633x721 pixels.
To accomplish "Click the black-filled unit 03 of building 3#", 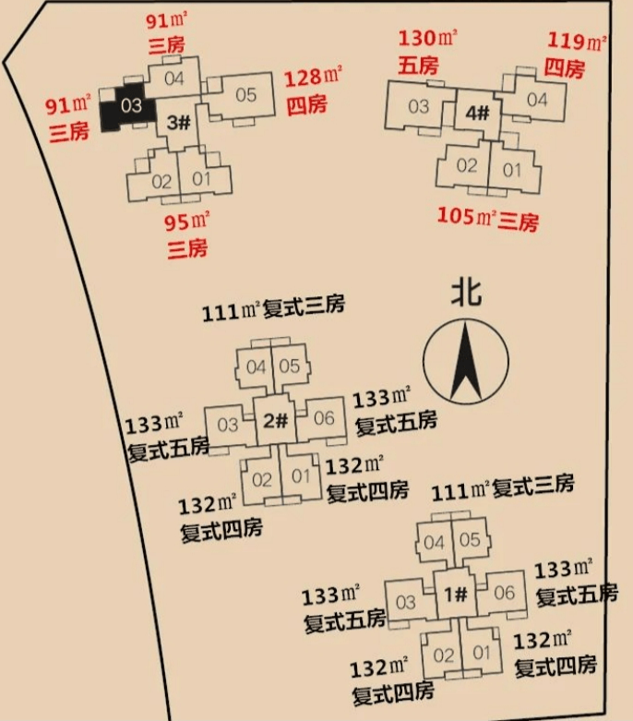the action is pos(127,108).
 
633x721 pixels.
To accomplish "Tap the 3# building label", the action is pos(178,122).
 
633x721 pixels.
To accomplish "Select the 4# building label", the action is pos(477,114).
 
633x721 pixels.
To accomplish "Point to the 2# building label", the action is pos(275,420).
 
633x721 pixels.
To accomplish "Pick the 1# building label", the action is pos(456,595).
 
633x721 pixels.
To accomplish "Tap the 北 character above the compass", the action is pos(466,293).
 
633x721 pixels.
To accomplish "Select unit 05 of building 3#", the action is pos(240,98).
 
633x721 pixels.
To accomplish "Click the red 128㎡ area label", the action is pos(314,78).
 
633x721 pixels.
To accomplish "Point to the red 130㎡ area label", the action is pos(427,39).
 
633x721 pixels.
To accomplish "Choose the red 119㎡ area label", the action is pos(577,42).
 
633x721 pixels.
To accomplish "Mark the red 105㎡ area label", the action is pos(467,216).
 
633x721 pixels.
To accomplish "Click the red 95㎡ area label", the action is pos(187,222).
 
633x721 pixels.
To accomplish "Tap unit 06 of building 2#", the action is pos(322,419).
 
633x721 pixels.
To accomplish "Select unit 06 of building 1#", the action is pos(502,594).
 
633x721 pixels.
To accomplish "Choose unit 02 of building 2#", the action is pos(260,480).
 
